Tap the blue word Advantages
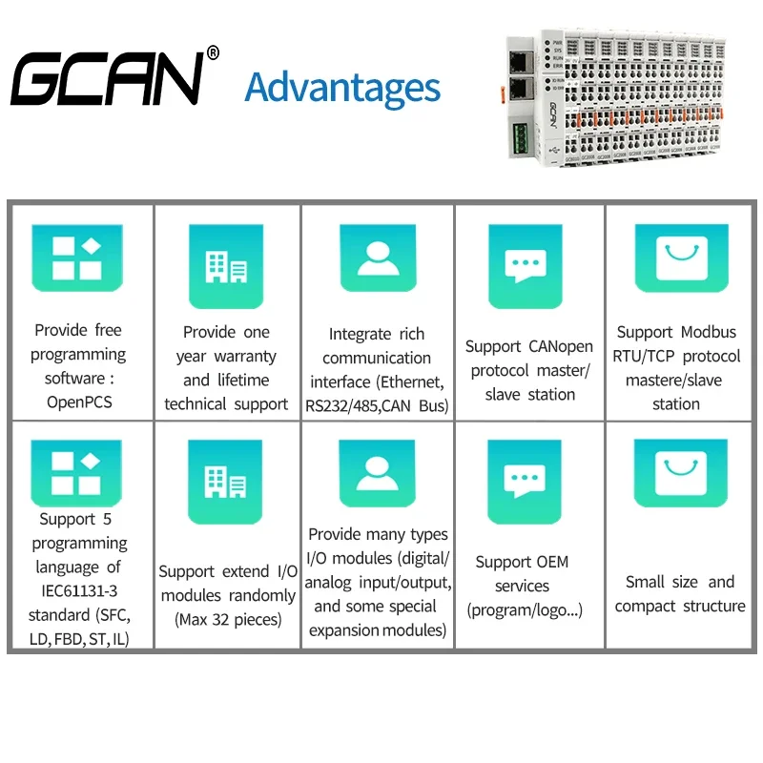(x=342, y=87)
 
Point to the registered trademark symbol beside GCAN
(x=213, y=53)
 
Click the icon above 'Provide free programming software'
(x=77, y=259)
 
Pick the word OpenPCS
(x=79, y=402)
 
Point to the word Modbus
(x=707, y=332)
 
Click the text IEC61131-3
(x=79, y=591)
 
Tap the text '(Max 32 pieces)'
(x=228, y=619)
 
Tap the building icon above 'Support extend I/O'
(x=226, y=476)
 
